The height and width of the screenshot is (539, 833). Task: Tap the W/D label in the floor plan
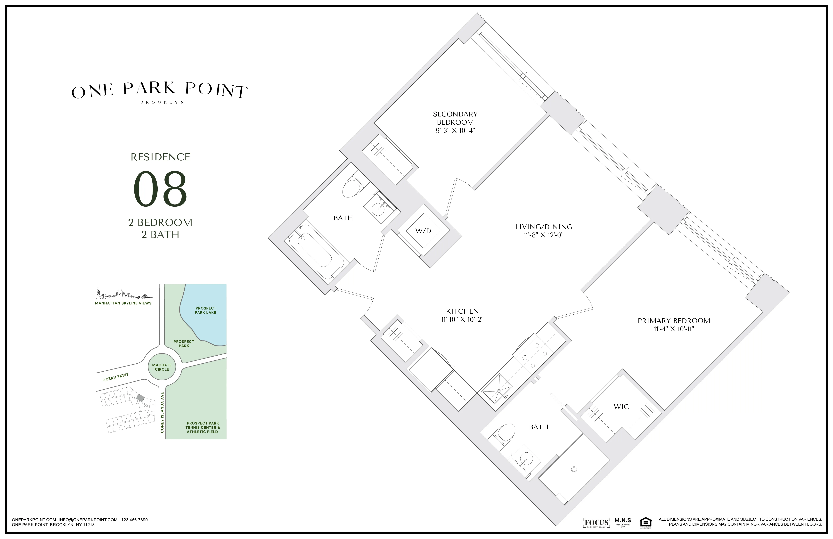point(423,231)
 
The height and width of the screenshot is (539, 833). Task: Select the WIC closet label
point(621,407)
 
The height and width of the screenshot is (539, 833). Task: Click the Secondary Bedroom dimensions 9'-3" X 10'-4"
point(455,131)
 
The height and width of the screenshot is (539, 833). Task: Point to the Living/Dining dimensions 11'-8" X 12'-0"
point(544,235)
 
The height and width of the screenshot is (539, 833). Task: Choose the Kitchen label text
point(462,311)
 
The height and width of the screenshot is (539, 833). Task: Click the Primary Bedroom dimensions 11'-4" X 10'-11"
point(674,329)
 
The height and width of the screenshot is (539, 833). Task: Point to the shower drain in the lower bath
point(574,469)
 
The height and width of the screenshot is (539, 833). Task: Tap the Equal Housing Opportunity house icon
point(645,522)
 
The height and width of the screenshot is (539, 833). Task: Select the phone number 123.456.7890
point(134,520)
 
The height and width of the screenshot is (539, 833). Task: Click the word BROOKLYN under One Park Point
point(162,103)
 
